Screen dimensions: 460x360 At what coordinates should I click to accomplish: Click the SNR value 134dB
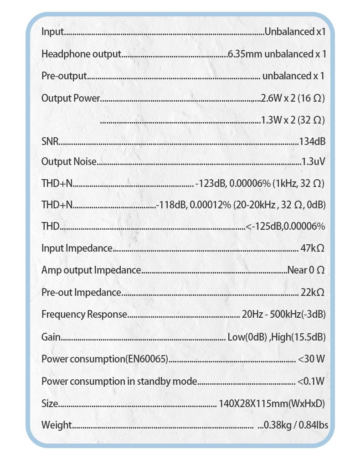(x=312, y=141)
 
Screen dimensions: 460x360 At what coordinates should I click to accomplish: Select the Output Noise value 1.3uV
(x=313, y=161)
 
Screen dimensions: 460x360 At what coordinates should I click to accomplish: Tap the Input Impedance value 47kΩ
(x=313, y=248)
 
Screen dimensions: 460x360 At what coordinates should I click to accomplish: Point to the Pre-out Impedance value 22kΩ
(x=313, y=292)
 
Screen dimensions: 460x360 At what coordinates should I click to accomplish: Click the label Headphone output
(x=81, y=54)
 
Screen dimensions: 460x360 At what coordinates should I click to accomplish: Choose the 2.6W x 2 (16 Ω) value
(x=293, y=98)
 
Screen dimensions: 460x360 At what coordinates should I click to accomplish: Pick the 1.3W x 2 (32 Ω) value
(x=293, y=120)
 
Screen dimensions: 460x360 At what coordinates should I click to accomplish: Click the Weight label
(x=57, y=425)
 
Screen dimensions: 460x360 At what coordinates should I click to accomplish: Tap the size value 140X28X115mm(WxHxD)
(x=272, y=403)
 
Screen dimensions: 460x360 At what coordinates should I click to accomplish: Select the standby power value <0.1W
(x=311, y=381)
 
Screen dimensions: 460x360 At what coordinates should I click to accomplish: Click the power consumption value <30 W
(x=312, y=359)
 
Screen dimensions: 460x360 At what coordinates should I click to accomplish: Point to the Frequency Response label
(x=84, y=315)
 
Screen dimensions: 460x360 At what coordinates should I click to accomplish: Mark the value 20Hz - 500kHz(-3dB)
(x=283, y=315)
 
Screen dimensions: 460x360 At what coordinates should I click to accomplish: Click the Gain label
(x=51, y=337)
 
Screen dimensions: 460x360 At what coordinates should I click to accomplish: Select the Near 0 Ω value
(x=306, y=270)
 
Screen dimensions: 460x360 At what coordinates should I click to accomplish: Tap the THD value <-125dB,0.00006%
(x=285, y=227)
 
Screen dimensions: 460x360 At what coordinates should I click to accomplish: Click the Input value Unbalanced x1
(x=295, y=32)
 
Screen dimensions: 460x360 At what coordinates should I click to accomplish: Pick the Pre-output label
(x=64, y=76)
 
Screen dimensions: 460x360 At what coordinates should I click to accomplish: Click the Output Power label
(x=70, y=98)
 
